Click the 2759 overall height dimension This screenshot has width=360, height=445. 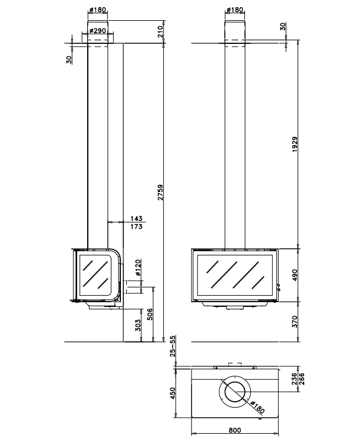click(x=161, y=193)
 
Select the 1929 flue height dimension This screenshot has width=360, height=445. click(x=295, y=145)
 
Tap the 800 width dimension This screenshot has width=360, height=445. click(x=235, y=430)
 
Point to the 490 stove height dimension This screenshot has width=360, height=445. click(x=295, y=275)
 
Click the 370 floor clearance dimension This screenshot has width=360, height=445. click(x=295, y=322)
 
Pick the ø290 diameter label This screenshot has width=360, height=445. click(x=97, y=30)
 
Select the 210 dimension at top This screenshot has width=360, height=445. click(x=161, y=31)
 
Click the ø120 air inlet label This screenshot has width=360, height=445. click(x=138, y=268)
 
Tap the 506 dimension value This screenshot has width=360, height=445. click(x=149, y=314)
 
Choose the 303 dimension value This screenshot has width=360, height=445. click(x=138, y=325)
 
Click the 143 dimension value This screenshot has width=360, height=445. click(x=136, y=219)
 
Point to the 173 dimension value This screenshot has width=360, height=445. click(x=136, y=227)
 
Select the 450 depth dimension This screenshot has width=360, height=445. click(x=173, y=393)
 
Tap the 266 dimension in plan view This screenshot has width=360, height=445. click(x=301, y=379)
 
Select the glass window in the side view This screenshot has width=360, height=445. click(x=95, y=275)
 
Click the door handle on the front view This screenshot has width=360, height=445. click(x=279, y=287)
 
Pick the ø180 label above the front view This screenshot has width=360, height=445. click(x=235, y=10)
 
